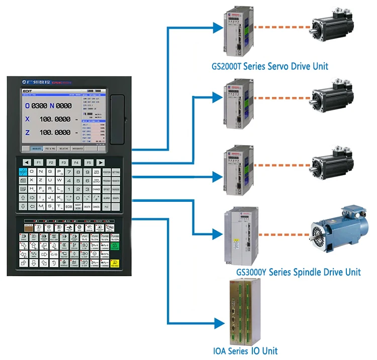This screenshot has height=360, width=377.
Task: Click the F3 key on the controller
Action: (64, 163)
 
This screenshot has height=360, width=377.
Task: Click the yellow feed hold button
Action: (115, 263)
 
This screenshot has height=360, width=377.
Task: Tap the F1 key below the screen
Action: (39, 163)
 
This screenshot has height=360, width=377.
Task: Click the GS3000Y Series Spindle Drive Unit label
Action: (299, 272)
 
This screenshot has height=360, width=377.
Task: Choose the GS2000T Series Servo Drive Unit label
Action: (270, 66)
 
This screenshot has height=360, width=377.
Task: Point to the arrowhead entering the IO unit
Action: (218, 323)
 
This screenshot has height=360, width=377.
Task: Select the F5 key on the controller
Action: (88, 163)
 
